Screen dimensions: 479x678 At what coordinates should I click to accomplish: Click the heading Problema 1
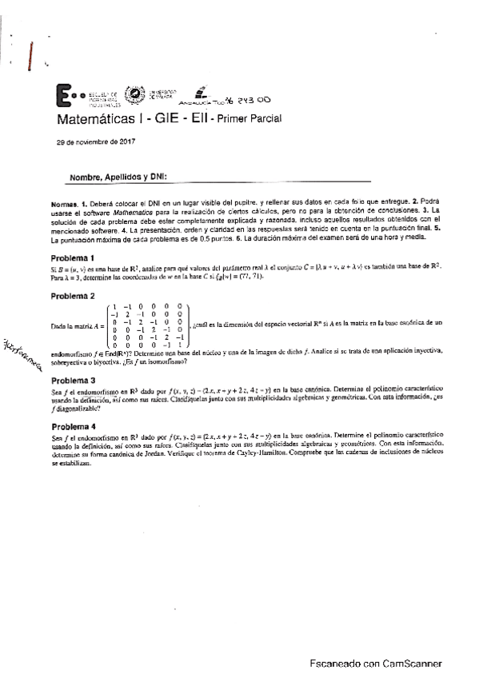73,257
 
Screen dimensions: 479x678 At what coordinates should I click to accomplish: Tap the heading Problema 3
73,380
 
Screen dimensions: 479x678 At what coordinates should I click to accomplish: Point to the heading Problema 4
73,426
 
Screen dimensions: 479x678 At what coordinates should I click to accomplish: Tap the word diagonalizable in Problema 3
67,409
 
